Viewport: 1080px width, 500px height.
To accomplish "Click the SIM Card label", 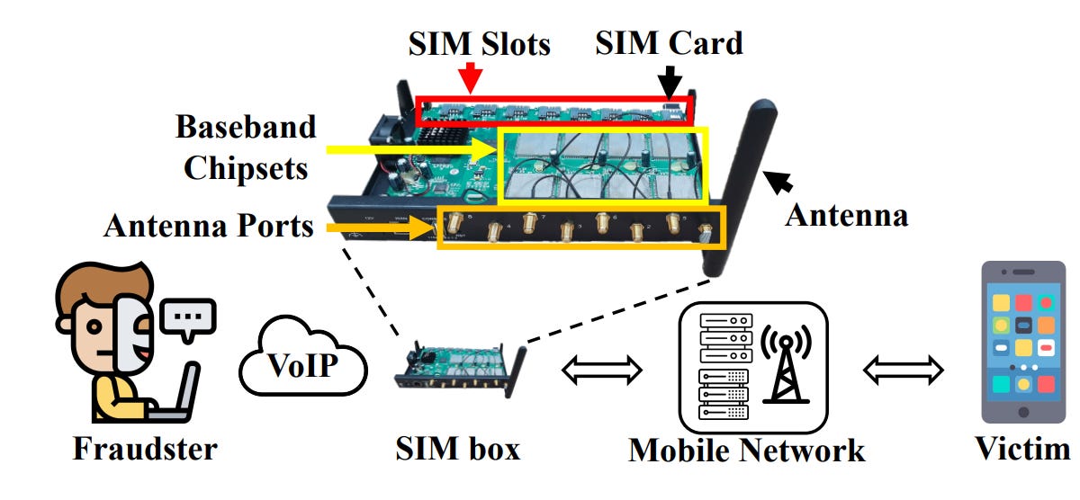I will point(669,42).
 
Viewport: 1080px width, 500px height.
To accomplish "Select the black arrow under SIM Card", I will point(669,80).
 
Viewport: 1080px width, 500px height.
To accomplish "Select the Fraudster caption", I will point(145,447).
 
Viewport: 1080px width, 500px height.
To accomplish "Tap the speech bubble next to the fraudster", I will point(187,318).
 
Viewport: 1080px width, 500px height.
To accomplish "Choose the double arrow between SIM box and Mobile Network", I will point(601,368).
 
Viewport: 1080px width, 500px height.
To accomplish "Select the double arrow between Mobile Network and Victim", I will point(903,368).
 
